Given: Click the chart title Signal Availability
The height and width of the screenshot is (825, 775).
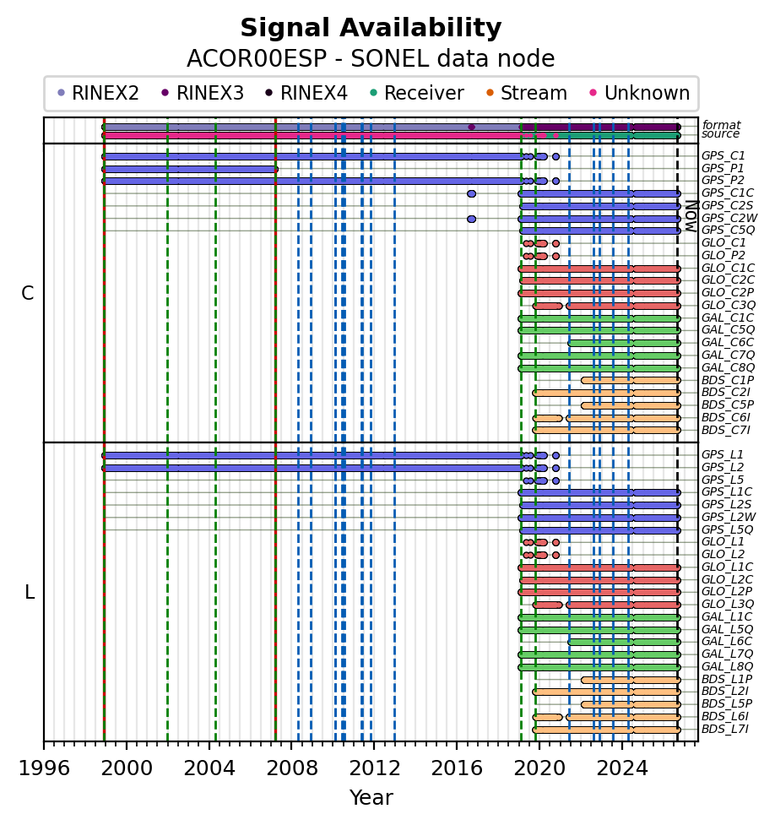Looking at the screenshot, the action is [371, 28].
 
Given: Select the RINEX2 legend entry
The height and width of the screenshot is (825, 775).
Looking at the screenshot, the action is [98, 93].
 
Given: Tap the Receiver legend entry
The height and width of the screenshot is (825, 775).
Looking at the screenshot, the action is [416, 93].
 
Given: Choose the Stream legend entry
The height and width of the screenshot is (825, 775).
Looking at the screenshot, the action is [527, 93].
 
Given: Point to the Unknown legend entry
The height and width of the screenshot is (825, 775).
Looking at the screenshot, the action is [640, 93].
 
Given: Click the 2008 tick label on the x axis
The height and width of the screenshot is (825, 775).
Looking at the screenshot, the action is [292, 768].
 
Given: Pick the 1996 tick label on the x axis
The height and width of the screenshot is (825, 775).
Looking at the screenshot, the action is [44, 768].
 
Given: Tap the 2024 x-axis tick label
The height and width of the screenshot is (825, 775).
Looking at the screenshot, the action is [622, 768].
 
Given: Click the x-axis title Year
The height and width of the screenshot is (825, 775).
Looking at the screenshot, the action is [371, 798].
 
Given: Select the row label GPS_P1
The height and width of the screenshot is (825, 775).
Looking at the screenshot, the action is [723, 168].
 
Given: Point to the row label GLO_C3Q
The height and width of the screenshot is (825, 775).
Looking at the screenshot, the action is [729, 305].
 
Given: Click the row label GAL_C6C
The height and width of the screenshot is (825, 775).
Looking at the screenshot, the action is [728, 343].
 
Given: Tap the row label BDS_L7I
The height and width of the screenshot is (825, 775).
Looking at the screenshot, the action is [725, 730].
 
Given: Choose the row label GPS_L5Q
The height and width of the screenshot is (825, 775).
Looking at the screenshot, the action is [727, 529].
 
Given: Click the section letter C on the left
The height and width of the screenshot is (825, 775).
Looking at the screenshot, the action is [28, 293].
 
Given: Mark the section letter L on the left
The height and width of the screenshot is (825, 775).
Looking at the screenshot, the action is [30, 593].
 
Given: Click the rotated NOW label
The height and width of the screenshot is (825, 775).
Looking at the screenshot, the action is [691, 216].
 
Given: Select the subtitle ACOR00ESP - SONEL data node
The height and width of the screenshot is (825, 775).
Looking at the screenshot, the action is [371, 58].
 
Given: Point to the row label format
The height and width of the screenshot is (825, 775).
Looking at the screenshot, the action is [721, 125].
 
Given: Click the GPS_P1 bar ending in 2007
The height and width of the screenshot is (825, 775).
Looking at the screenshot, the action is [190, 170].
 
